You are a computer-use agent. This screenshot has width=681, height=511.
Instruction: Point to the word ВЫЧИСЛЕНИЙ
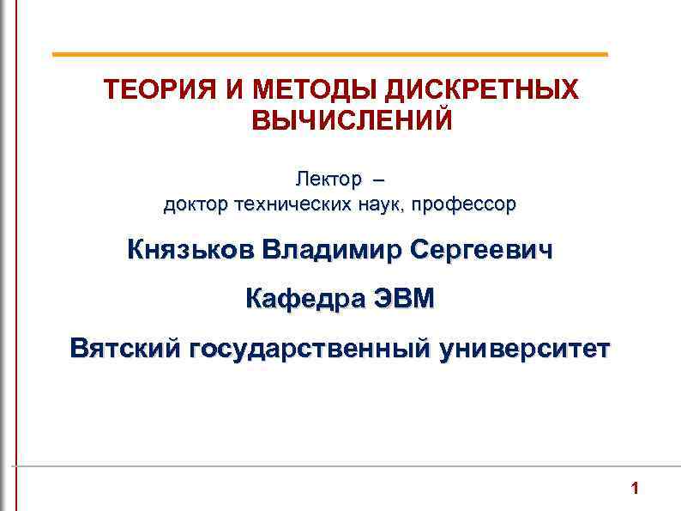[x=351, y=120]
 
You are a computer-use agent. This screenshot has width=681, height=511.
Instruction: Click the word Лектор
[x=328, y=179]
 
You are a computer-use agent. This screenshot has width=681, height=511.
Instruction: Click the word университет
[x=524, y=350]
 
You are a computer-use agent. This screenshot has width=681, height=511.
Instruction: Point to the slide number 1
[x=635, y=490]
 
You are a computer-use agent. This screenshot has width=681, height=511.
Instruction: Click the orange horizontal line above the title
[x=329, y=54]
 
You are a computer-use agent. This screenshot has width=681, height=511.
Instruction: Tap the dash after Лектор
[x=380, y=180]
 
